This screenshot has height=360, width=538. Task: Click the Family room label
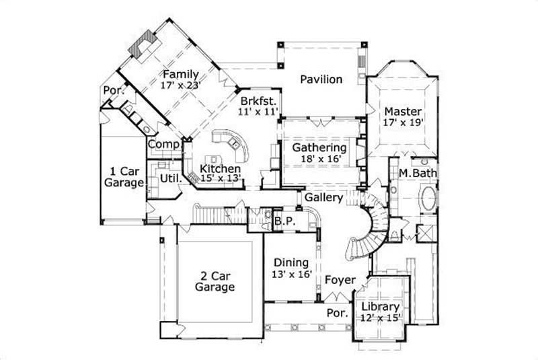pos(181,74)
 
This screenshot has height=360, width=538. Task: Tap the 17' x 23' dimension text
pos(181,85)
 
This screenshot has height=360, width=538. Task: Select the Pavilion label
pos(321,79)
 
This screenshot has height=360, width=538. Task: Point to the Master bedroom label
pos(403,111)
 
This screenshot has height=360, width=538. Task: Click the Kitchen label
pos(220,168)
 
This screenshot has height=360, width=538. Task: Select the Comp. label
pos(163,144)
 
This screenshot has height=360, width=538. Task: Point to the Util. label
pos(169,178)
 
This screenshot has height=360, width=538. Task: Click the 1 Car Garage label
pos(122,176)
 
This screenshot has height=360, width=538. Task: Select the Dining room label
pos(291,262)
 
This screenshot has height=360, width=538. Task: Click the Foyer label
pos(340,279)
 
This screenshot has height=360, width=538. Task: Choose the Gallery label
pos(324,198)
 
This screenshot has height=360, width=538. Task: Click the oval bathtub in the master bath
pos(428,199)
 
